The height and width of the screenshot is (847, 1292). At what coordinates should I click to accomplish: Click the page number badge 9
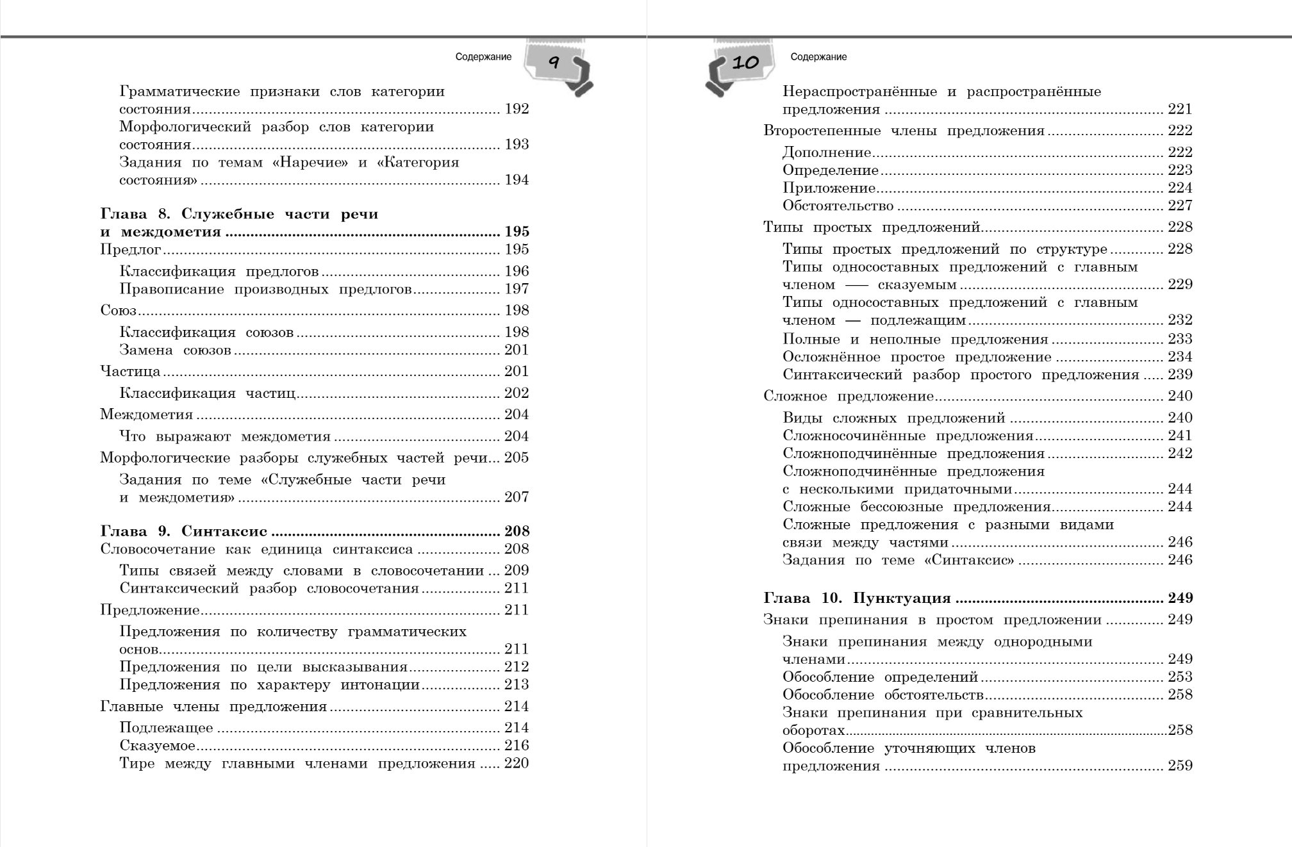[554, 63]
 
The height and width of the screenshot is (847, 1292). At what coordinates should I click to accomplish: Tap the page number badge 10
[745, 63]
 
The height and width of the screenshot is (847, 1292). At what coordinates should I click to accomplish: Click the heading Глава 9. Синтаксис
[183, 531]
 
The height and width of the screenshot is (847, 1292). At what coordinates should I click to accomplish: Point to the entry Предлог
[131, 250]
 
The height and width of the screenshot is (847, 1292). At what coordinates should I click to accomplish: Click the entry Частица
[130, 372]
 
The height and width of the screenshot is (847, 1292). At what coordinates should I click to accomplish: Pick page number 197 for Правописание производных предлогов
[517, 289]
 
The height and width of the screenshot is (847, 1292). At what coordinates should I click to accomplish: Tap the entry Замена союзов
[175, 350]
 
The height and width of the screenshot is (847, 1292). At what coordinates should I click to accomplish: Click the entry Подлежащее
[166, 728]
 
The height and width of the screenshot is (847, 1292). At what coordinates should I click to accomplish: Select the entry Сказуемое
[157, 746]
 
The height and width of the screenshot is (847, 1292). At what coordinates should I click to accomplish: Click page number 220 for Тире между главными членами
[517, 764]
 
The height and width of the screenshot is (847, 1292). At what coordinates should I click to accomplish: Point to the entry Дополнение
[827, 152]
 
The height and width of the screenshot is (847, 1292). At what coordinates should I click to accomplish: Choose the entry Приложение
[829, 188]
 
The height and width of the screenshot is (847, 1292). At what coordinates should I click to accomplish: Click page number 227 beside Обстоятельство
[1180, 206]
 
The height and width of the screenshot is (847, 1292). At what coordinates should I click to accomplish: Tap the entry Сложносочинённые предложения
[907, 436]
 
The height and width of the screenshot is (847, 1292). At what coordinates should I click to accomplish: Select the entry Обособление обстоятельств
[882, 695]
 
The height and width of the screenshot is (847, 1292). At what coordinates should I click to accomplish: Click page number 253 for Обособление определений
[1180, 677]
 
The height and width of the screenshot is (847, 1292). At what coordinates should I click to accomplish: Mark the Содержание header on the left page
[483, 57]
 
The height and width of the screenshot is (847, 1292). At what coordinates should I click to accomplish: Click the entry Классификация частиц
[207, 393]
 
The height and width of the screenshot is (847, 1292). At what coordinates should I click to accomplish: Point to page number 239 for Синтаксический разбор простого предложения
[1180, 375]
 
